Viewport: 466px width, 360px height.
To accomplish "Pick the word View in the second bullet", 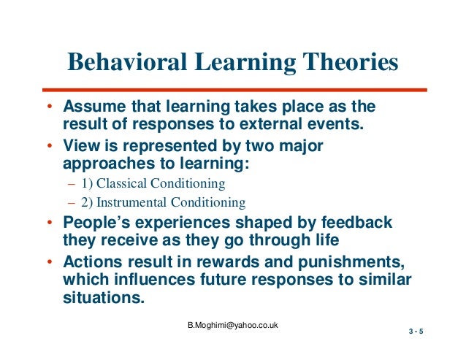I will (80, 146).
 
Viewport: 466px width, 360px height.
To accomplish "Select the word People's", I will (97, 223).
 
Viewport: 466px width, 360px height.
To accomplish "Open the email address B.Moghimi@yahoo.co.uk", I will (234, 326).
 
